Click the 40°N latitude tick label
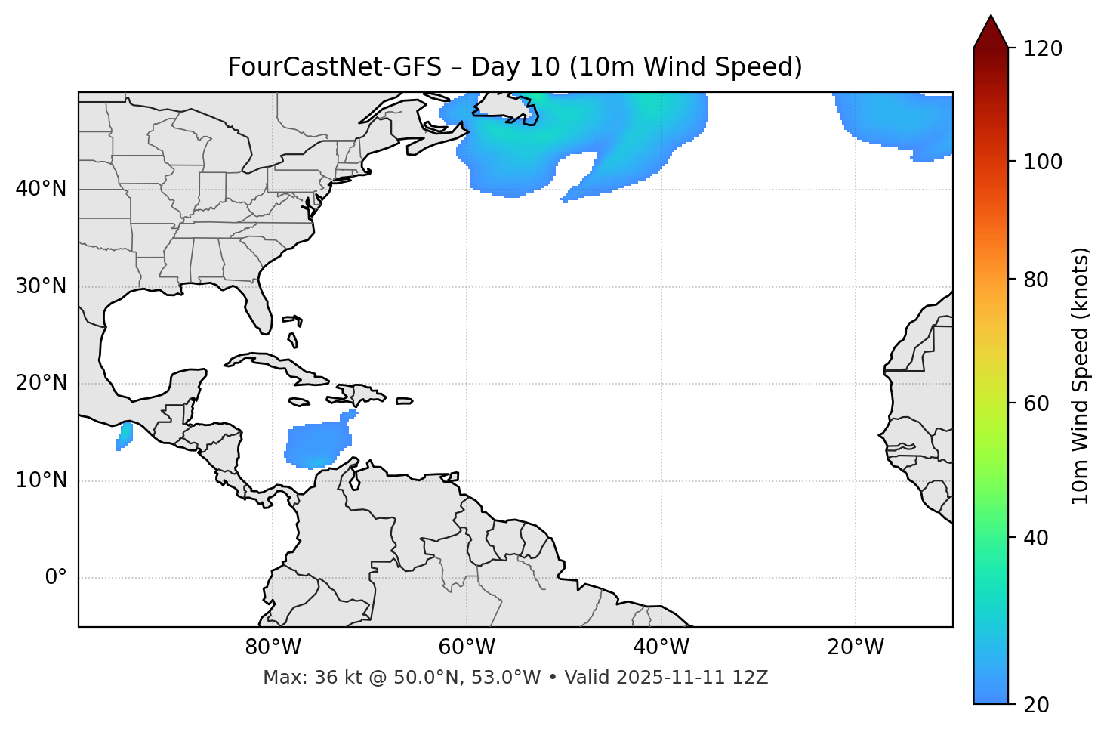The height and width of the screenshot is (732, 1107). point(41,189)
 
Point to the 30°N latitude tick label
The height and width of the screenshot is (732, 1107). point(41,286)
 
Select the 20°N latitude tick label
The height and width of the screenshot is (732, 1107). point(41,383)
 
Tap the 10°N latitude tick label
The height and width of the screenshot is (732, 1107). point(41,480)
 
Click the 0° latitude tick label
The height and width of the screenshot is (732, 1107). point(56,578)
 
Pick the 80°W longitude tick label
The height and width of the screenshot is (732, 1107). point(273,647)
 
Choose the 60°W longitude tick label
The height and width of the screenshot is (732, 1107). point(467,647)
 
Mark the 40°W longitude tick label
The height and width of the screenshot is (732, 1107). point(661,647)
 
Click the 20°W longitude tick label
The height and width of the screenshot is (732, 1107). point(856,647)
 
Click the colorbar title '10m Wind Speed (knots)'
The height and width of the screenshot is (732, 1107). point(1081,375)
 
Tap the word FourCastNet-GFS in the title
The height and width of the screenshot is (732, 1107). point(334,67)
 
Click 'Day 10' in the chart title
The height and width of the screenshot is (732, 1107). point(514,67)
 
